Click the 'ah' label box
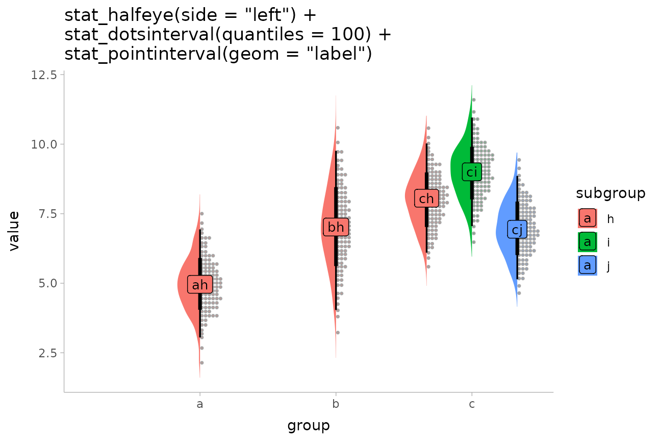point(200,285)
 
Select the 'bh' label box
point(336,227)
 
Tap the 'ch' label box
point(426,199)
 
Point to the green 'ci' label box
point(472,171)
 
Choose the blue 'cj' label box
point(517,230)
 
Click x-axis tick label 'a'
point(200,405)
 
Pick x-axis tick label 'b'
point(336,405)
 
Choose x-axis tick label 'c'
point(472,405)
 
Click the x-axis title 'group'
point(308,425)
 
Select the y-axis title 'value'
point(14,231)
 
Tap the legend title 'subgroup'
point(611,193)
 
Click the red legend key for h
point(588,218)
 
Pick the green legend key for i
point(588,242)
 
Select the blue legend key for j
point(588,265)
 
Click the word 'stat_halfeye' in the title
point(116,15)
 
